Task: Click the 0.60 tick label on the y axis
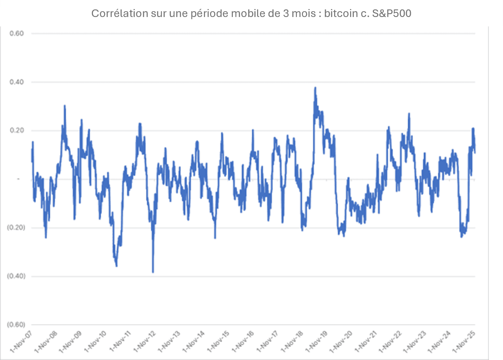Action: (x=17, y=34)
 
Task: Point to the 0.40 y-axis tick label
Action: (x=17, y=82)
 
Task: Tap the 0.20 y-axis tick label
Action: (x=17, y=131)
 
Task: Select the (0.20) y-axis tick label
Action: (x=16, y=228)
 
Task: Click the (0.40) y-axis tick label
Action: (x=16, y=276)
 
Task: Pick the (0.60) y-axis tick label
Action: (x=16, y=325)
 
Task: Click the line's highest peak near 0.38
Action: (x=315, y=88)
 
